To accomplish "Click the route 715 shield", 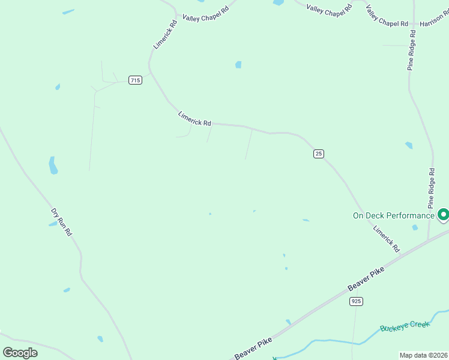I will click(135, 80).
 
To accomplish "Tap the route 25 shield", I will click(319, 154).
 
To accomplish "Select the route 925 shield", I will click(357, 301).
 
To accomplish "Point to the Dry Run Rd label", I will click(61, 221).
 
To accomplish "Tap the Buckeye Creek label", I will click(405, 326).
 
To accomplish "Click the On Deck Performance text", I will click(393, 215).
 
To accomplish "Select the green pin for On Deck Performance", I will click(443, 214).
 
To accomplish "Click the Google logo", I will click(20, 352).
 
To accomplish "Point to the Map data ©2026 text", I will click(423, 355).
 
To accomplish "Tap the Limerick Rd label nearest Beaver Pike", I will click(386, 238).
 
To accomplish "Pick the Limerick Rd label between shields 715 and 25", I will click(194, 118).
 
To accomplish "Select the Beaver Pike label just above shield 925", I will click(366, 279).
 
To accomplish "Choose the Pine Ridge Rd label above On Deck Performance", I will click(431, 188).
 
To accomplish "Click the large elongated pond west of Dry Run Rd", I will click(53, 165).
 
